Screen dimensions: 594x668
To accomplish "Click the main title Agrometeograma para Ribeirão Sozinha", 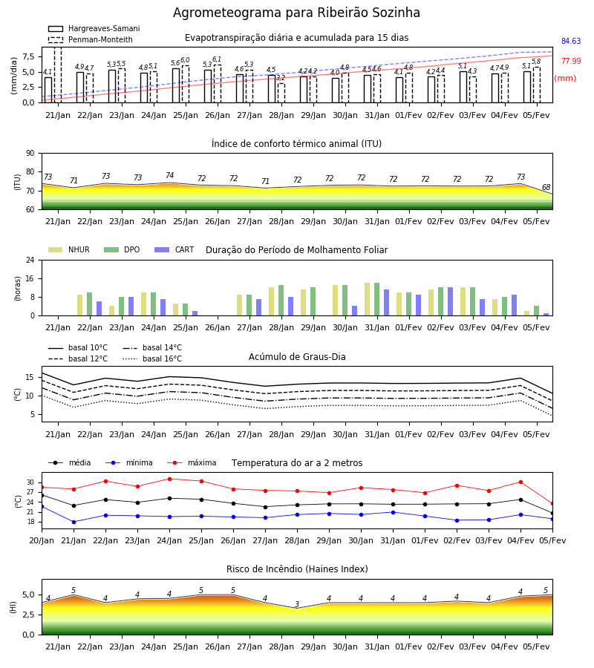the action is click(x=296, y=13).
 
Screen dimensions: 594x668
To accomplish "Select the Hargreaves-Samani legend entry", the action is click(x=94, y=28).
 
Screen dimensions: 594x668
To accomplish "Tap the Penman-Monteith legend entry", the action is click(x=91, y=39).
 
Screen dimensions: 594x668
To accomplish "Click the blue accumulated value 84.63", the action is click(x=571, y=42).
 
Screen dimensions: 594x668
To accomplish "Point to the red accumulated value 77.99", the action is click(x=571, y=62).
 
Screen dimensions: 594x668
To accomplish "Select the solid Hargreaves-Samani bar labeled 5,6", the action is click(x=176, y=85).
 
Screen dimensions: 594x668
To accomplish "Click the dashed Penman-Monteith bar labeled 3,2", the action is click(x=281, y=93).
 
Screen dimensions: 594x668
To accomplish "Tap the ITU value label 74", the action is click(x=169, y=175).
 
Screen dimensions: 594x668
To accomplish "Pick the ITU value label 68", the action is click(x=546, y=188).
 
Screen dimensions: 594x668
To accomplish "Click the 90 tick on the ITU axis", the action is click(x=30, y=154).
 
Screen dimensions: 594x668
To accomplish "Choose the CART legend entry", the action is click(x=174, y=249).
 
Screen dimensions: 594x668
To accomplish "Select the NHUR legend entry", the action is click(x=69, y=249).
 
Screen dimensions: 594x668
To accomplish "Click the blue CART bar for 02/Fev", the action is click(x=451, y=301).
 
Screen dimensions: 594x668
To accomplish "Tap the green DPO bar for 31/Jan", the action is click(x=376, y=300).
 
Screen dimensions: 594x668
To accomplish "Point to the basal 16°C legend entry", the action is click(x=152, y=358).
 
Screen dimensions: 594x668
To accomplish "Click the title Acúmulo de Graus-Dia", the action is click(x=297, y=357).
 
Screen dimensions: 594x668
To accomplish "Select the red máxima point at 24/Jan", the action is click(x=169, y=479).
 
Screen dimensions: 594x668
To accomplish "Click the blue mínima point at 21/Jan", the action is click(x=74, y=522).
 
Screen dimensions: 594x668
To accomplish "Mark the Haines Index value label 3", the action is click(x=297, y=604).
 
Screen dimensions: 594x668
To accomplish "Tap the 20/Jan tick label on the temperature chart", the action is click(x=42, y=540).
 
